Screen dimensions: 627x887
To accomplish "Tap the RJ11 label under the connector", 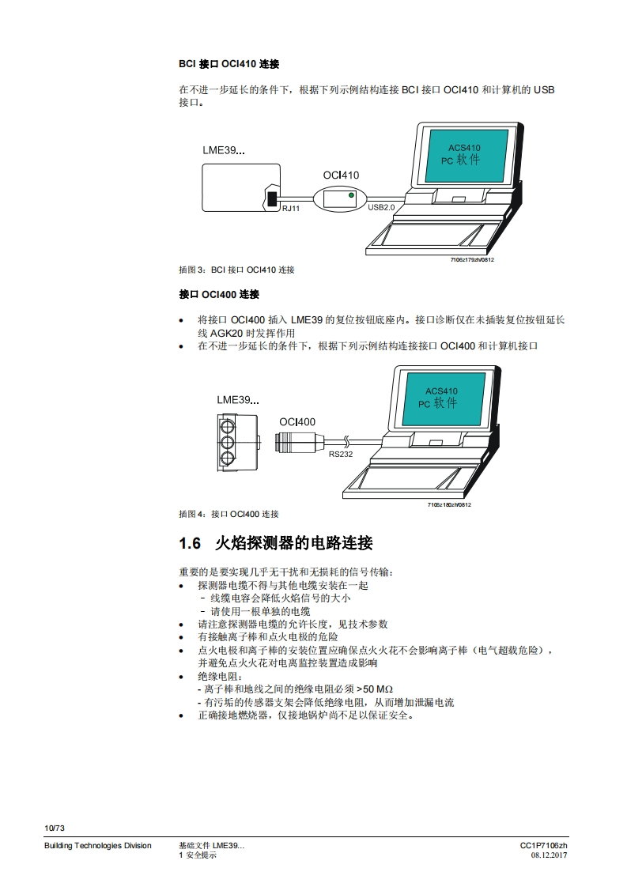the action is pos(291,208).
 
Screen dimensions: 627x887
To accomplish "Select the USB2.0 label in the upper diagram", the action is pos(381,207).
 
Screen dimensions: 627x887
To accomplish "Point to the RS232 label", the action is pos(341,454).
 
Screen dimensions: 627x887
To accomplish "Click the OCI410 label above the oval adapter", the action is pos(341,176).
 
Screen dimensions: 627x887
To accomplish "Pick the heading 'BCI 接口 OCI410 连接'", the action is pos(229,63).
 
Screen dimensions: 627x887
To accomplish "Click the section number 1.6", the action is pos(191,543).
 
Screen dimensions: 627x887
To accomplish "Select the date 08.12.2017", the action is pos(549,855).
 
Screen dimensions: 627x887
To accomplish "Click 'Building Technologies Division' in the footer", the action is pos(97,846).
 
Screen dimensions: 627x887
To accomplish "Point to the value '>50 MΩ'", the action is pos(375,689).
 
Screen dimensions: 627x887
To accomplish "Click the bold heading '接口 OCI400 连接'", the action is pos(219,294).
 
